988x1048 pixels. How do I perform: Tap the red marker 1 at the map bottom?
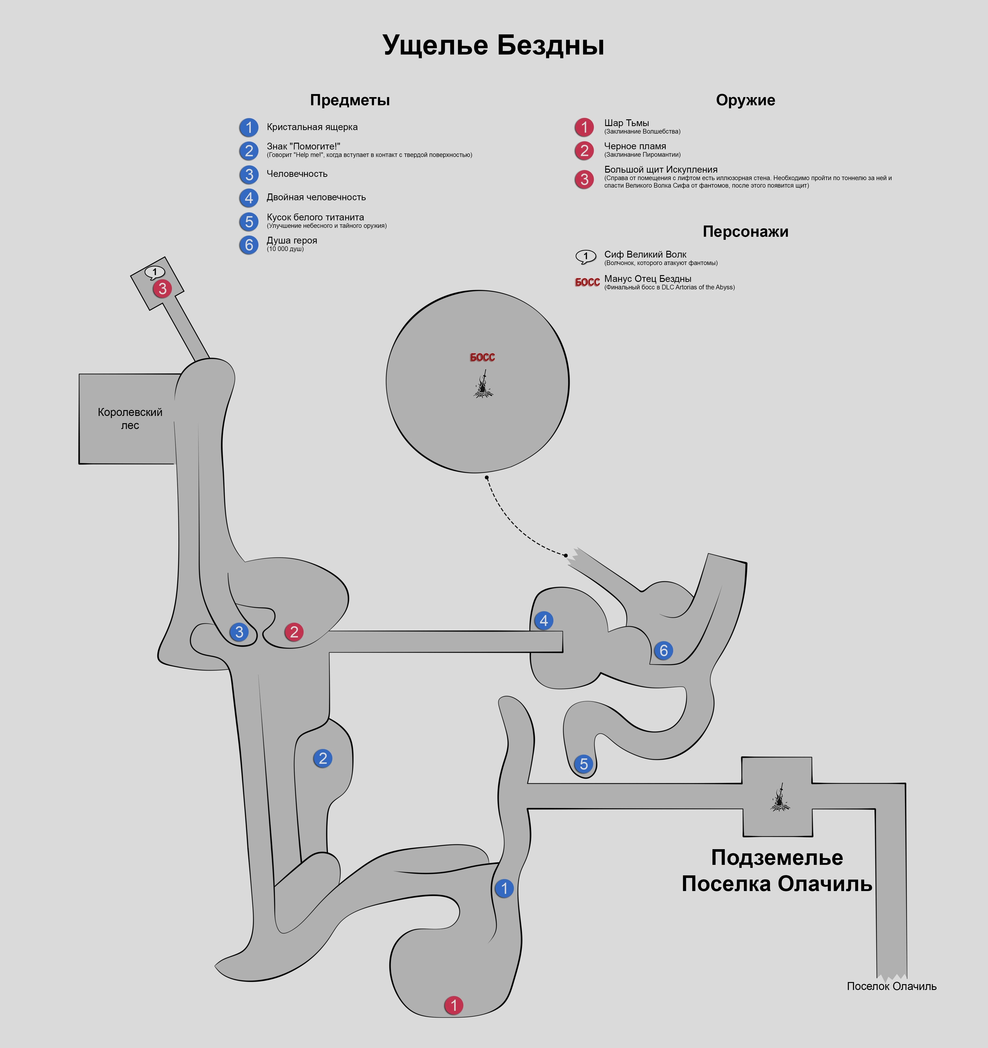(x=453, y=1005)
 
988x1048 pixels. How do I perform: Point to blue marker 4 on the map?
(x=544, y=620)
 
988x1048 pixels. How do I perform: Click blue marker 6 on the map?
(x=663, y=651)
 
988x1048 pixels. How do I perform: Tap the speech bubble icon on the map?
(x=154, y=272)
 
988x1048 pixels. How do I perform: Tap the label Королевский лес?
(x=130, y=418)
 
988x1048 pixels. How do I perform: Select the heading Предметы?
(x=349, y=100)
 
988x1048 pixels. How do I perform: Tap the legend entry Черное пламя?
(x=635, y=146)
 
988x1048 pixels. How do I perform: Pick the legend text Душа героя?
(x=291, y=240)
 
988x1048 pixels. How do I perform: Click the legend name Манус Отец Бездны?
(x=647, y=279)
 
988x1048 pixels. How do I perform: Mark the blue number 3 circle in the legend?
(x=249, y=175)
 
